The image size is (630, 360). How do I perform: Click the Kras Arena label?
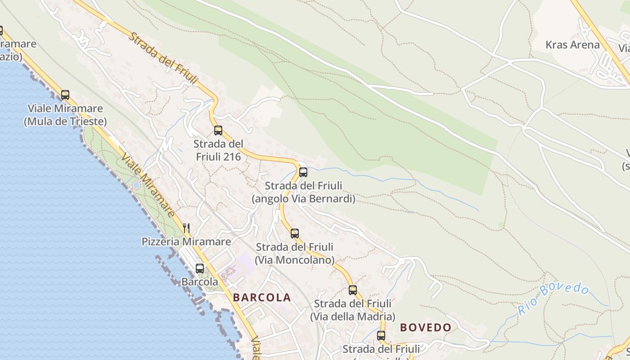click(x=572, y=45)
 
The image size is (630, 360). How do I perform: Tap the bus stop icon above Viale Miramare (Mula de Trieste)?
click(x=65, y=94)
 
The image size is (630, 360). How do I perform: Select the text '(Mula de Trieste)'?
click(x=65, y=121)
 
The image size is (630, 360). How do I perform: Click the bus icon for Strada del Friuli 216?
click(x=218, y=130)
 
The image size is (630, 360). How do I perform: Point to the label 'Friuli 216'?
click(x=218, y=157)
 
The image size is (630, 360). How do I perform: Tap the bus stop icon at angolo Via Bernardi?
click(x=303, y=172)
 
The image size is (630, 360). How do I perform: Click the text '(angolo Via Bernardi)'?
click(x=303, y=198)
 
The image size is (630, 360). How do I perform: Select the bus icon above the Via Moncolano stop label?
click(x=295, y=233)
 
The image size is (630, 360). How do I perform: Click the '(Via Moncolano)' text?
click(x=295, y=260)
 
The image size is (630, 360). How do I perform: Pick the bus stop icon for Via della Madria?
click(x=353, y=290)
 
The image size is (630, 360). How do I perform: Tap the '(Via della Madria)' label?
click(x=353, y=316)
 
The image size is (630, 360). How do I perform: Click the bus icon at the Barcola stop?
click(x=200, y=268)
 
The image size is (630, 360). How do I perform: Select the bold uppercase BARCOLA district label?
click(x=262, y=297)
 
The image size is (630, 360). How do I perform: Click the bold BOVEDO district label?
click(x=425, y=328)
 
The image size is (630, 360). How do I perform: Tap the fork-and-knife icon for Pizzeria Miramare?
click(x=186, y=228)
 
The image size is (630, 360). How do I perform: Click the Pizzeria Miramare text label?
click(x=186, y=242)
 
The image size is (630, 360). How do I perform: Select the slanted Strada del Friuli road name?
click(x=163, y=58)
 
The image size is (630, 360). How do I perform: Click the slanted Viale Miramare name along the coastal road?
click(x=148, y=184)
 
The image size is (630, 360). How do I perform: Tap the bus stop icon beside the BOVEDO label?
click(x=381, y=335)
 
